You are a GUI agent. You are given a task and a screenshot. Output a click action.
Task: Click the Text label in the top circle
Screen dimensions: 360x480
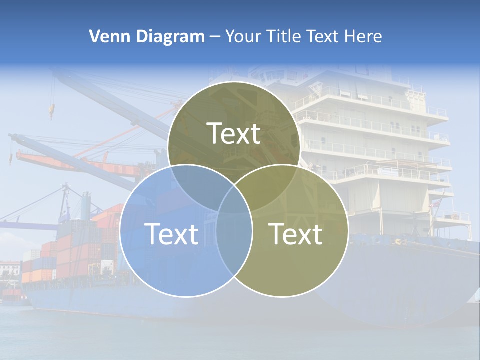234,134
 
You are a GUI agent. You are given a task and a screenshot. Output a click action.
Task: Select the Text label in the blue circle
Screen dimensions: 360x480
171,234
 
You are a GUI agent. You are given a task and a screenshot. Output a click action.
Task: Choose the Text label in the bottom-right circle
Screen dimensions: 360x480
296,234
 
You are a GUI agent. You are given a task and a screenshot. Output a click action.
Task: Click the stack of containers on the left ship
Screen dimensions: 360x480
75,250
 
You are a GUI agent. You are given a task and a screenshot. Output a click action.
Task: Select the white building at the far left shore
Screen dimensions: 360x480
10,270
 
